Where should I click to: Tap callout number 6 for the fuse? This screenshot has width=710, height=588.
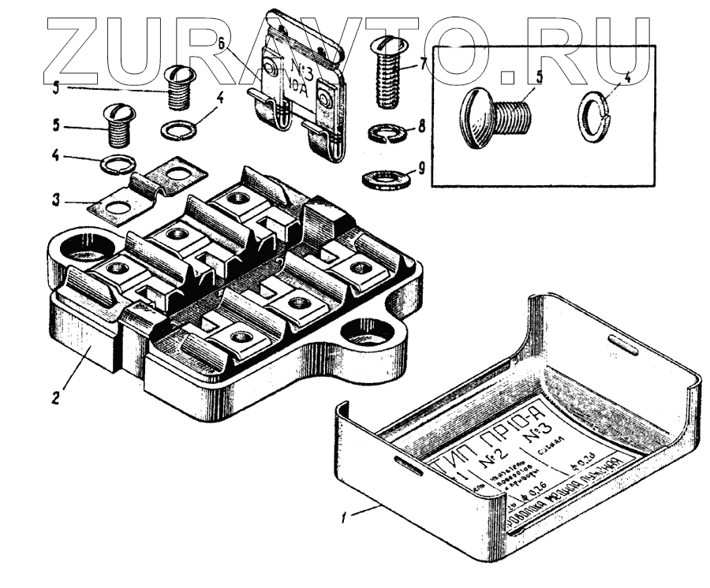[224, 42]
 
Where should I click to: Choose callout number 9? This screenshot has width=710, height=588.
[423, 167]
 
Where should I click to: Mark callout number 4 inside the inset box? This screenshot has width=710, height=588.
[626, 77]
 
